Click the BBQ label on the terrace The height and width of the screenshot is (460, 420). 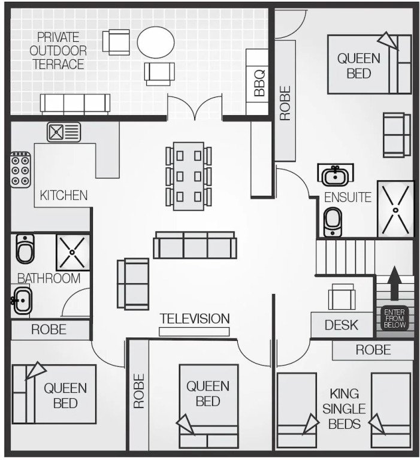[x=259, y=83]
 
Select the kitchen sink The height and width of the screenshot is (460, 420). [x=64, y=132]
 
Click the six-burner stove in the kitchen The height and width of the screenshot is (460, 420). [x=21, y=170]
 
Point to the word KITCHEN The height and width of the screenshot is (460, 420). [x=64, y=195]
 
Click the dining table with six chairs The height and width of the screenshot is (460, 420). [x=188, y=176]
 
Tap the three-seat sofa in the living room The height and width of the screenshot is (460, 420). [x=195, y=245]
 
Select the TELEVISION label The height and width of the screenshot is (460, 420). [x=195, y=319]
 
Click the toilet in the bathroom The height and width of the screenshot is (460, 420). [x=25, y=249]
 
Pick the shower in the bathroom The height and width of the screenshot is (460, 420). [x=72, y=252]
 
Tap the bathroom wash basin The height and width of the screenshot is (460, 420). [x=22, y=301]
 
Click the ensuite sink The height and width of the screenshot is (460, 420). [x=336, y=175]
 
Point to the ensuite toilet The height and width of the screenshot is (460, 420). [x=333, y=222]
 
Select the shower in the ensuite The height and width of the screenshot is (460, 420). [x=395, y=209]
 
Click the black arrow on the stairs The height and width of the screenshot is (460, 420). [x=394, y=283]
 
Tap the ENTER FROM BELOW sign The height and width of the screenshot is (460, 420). [x=394, y=318]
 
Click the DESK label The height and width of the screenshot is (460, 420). [x=342, y=325]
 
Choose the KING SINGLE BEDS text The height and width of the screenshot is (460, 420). [x=344, y=409]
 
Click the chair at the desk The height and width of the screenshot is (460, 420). [x=342, y=296]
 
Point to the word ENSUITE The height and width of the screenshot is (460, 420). [x=348, y=198]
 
